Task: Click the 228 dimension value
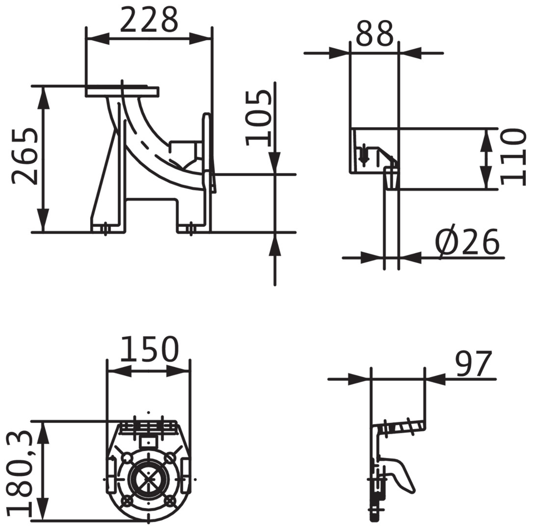(x=149, y=20)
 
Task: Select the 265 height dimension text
(x=25, y=157)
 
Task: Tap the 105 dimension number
(x=259, y=117)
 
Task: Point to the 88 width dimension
(x=375, y=33)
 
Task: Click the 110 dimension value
(x=513, y=157)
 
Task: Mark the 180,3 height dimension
(x=19, y=474)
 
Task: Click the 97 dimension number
(x=474, y=363)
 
